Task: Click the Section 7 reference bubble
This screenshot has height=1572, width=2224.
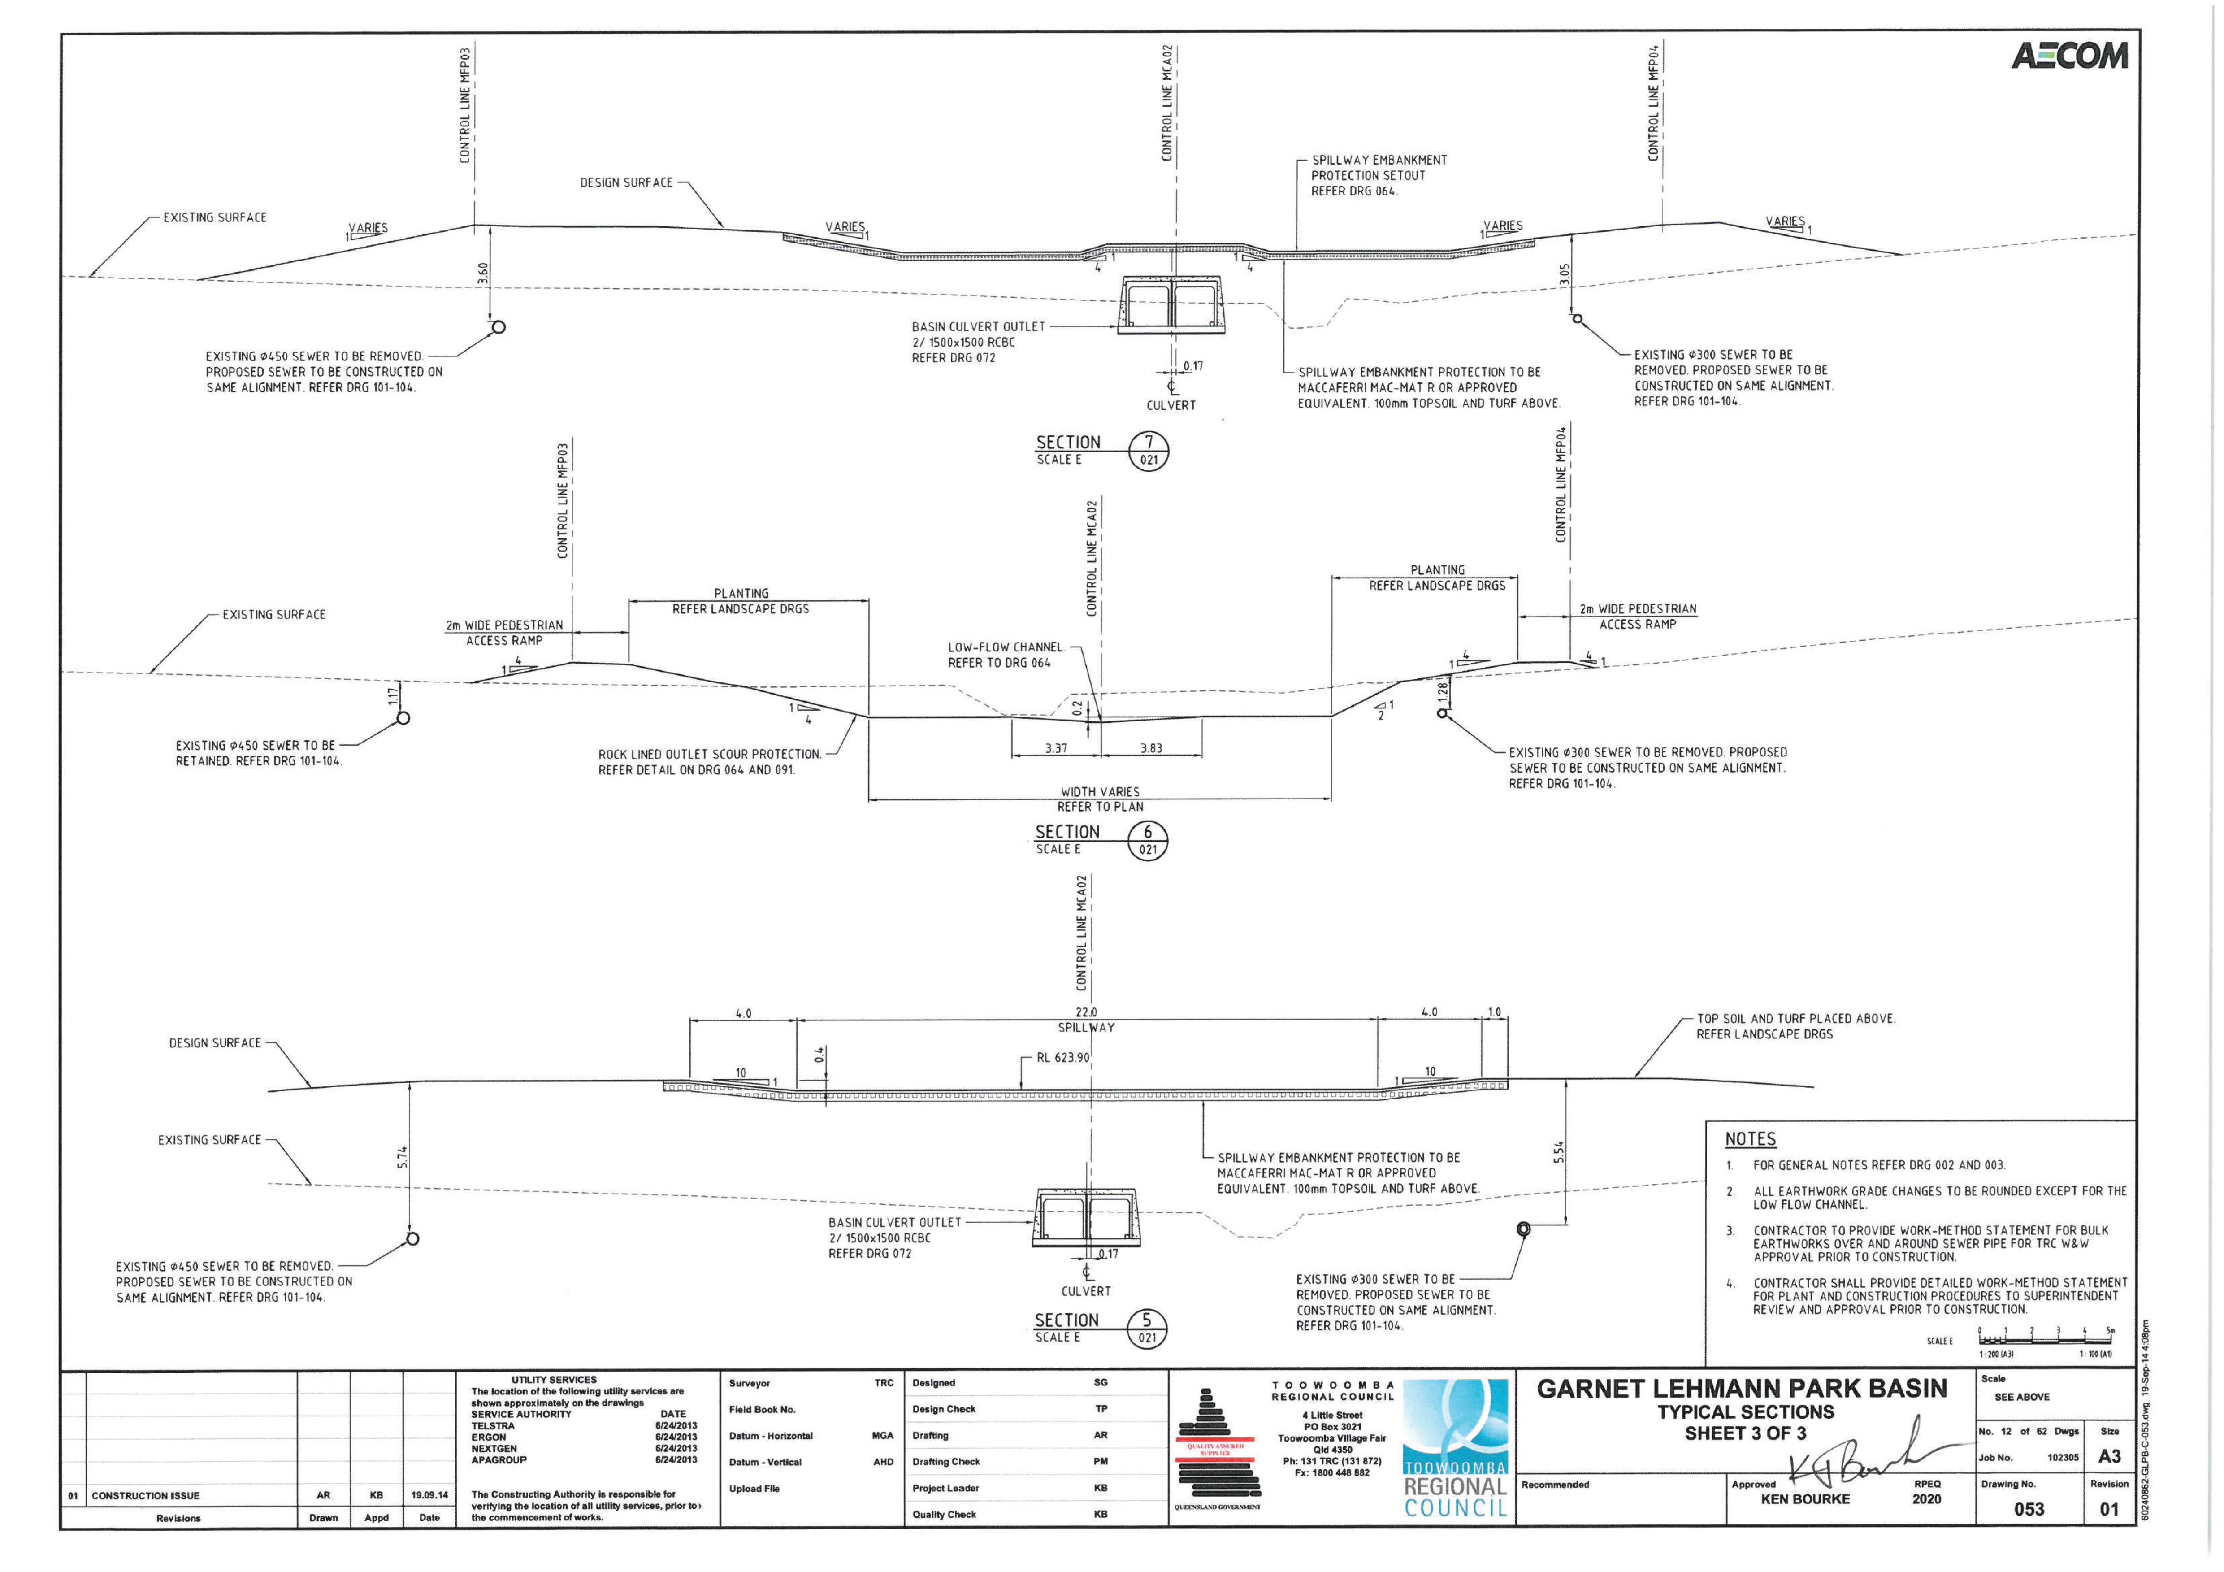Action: point(1149,452)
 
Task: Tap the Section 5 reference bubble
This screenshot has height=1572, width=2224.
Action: point(1147,1329)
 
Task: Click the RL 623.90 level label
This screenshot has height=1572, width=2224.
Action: point(1062,1058)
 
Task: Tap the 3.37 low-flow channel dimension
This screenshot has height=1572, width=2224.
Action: point(1056,749)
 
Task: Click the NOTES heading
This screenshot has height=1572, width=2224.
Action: point(1750,1139)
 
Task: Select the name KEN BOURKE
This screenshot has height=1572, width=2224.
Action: point(1804,1499)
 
